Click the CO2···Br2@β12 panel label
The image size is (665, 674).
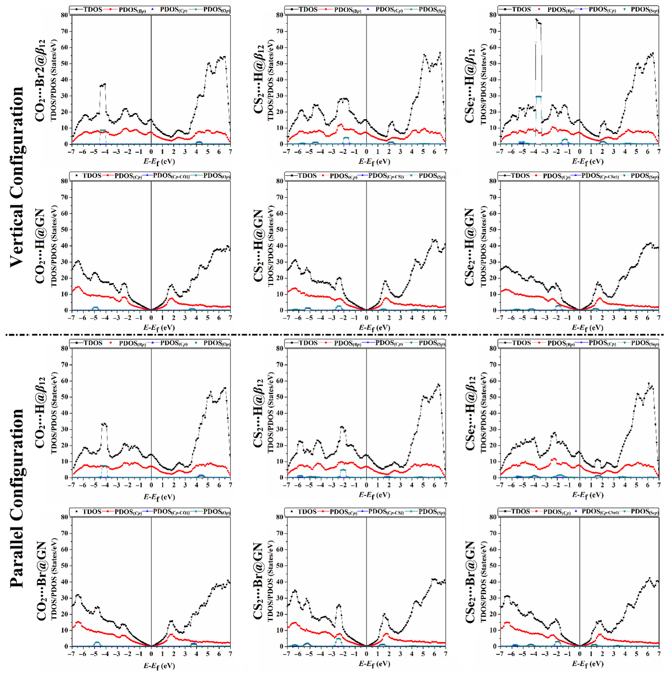pos(40,80)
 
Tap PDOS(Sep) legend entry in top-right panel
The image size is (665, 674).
pos(644,10)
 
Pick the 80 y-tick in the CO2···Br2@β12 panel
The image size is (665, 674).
pos(64,15)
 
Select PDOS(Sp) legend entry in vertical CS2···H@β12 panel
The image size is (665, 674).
pos(432,10)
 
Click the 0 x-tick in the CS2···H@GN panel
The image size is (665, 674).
pos(366,317)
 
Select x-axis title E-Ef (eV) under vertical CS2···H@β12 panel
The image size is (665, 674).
pos(374,162)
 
